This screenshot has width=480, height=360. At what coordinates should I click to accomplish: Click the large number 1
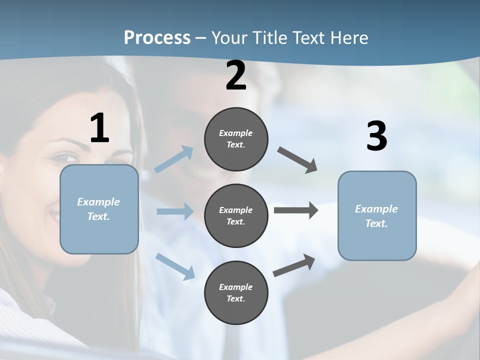pos(99,128)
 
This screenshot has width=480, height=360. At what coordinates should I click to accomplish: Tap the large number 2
pos(236,76)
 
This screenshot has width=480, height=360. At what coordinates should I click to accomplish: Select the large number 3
pos(376,136)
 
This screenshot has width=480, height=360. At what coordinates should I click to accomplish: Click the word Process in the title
pos(157,37)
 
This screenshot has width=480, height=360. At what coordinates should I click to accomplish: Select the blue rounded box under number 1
pos(99,209)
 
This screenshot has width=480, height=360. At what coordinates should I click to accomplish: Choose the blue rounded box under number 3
pos(377,216)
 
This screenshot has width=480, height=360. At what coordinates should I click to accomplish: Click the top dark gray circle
pos(236,139)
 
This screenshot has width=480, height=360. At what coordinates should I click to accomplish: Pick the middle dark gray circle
pos(236,216)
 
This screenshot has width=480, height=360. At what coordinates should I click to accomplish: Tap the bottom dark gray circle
pos(236,293)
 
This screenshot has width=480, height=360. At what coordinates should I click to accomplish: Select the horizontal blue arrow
pos(175,211)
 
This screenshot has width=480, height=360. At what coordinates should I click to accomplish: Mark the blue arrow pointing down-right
pos(175,266)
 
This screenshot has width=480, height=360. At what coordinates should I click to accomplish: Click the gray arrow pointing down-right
pos(297,160)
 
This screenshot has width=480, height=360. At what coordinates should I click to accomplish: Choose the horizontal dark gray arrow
pos(296,210)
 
